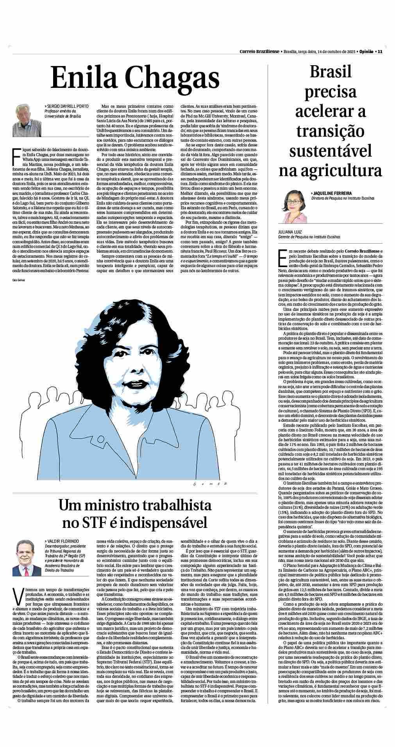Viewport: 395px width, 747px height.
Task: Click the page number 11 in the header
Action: (x=379, y=52)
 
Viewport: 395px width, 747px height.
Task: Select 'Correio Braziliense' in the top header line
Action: (x=259, y=52)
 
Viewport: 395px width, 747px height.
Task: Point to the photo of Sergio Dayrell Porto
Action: (x=27, y=120)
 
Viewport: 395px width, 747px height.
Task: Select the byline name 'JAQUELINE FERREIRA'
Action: (x=332, y=193)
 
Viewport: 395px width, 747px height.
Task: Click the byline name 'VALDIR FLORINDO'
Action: (x=63, y=541)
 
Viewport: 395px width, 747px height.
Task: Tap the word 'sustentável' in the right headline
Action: (x=330, y=151)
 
